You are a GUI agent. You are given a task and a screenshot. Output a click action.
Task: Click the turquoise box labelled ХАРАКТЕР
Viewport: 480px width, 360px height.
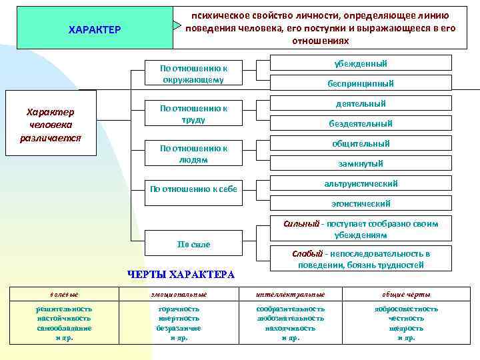(x=94, y=29)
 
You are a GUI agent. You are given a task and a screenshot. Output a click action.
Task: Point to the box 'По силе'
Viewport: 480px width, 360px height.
(x=193, y=245)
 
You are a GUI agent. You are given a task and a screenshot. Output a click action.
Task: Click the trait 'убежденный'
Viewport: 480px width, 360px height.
(x=361, y=63)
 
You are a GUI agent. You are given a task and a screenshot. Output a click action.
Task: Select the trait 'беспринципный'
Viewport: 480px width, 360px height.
(x=361, y=83)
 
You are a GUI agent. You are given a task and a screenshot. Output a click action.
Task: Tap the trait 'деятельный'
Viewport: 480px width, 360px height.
(x=361, y=103)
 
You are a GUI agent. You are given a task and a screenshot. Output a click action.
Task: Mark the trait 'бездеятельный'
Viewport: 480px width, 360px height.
(x=361, y=123)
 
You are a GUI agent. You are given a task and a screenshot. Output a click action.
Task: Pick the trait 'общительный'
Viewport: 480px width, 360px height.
(x=361, y=143)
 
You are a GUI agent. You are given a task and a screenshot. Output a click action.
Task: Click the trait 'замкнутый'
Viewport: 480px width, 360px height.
(x=361, y=163)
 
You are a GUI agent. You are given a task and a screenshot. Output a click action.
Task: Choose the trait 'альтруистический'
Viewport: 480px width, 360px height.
(x=361, y=183)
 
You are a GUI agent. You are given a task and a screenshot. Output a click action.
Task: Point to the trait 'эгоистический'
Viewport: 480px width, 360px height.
(x=361, y=203)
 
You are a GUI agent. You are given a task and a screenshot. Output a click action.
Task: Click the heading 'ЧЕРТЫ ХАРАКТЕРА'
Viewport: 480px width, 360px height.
(x=181, y=275)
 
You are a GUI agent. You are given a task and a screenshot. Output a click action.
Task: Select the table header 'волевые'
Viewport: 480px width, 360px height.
(x=64, y=294)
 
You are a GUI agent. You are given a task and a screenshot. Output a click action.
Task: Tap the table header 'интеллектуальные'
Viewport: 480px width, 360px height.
(x=291, y=294)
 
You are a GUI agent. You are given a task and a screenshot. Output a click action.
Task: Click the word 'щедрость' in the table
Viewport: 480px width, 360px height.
(x=406, y=328)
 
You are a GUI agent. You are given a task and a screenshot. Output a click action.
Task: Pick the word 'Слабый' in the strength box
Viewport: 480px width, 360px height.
(x=307, y=254)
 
